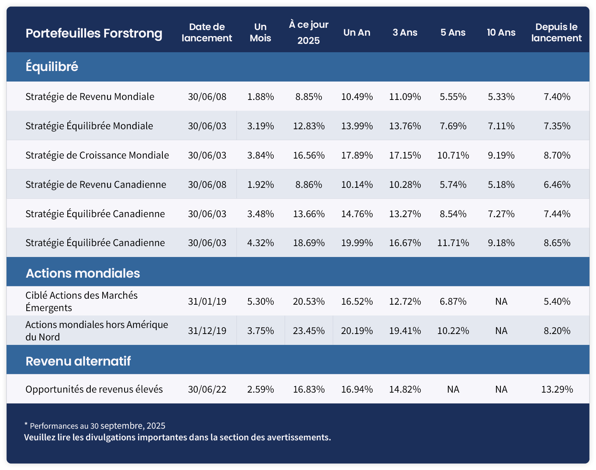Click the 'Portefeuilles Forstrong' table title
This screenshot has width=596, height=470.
click(x=94, y=33)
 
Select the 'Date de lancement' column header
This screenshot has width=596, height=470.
click(x=207, y=32)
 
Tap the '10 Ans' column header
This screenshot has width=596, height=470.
click(x=501, y=32)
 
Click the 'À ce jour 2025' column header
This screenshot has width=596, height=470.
click(x=309, y=32)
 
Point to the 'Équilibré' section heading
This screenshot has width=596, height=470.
click(x=52, y=66)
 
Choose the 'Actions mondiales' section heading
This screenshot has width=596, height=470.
click(x=83, y=273)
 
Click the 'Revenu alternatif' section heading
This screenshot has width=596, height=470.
click(x=78, y=361)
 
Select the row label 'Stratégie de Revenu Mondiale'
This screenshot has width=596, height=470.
click(x=90, y=97)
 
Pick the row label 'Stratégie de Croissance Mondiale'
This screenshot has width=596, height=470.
click(x=97, y=155)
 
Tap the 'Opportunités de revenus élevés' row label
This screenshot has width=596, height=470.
click(x=94, y=389)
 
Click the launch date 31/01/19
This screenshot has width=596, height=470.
click(x=207, y=301)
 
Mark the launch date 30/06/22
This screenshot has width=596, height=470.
click(x=207, y=389)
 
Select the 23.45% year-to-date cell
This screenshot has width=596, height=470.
click(x=309, y=331)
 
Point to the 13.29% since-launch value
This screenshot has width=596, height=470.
click(x=557, y=389)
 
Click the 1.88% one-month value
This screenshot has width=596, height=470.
click(x=261, y=97)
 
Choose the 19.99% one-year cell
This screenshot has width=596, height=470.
click(x=357, y=243)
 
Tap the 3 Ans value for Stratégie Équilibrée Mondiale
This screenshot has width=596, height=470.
click(x=405, y=126)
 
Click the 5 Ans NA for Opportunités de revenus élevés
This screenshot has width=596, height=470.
click(x=453, y=389)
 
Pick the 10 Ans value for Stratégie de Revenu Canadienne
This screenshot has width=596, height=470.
click(x=501, y=184)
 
